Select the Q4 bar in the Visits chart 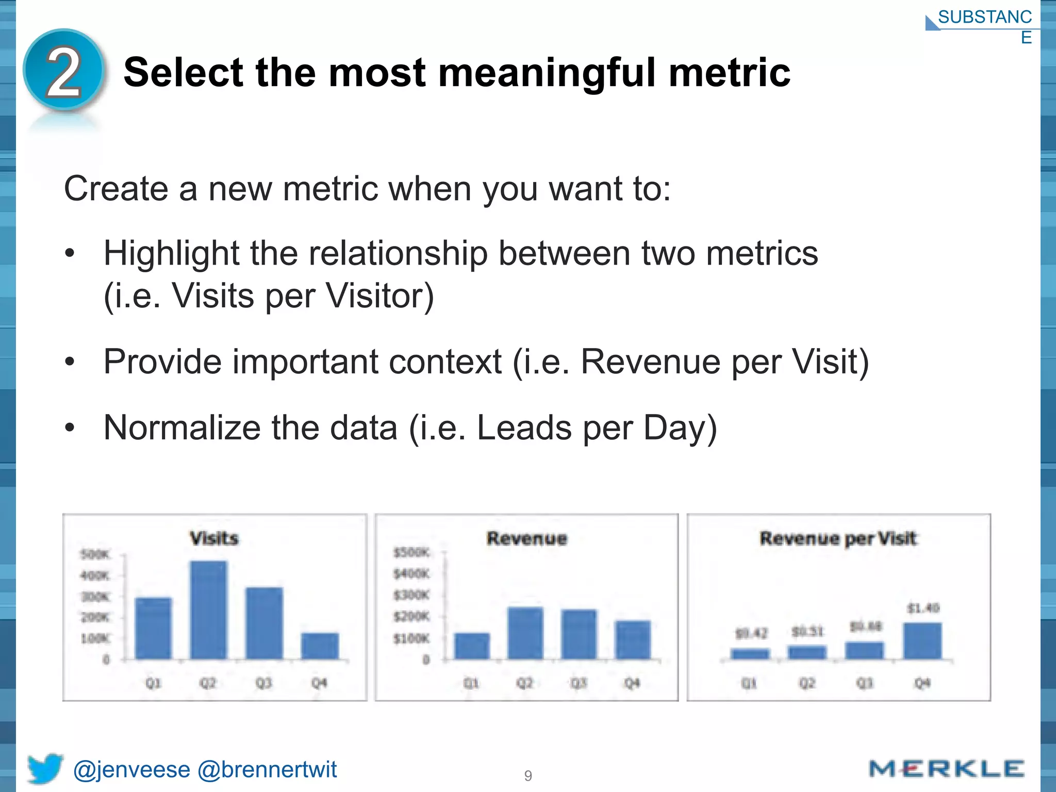[320, 646]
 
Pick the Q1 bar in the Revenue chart [472, 646]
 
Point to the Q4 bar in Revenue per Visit [922, 640]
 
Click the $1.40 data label [923, 608]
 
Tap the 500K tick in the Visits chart [95, 555]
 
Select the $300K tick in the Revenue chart [411, 595]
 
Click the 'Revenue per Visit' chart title [838, 538]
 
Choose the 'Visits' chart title [214, 538]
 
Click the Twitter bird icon [45, 768]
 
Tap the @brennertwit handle [267, 769]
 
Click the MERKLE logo [946, 769]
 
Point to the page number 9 [528, 775]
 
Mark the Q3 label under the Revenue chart [579, 683]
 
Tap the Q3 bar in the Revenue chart [579, 634]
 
